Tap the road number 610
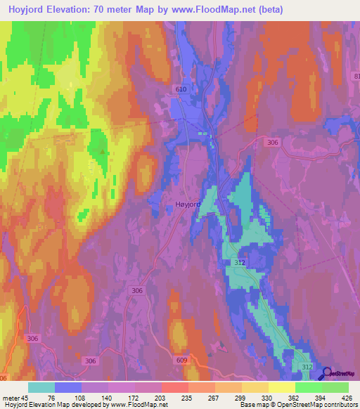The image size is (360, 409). pyautogui.click(x=181, y=89)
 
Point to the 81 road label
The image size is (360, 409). pyautogui.click(x=356, y=76)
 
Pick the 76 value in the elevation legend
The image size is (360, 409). pyautogui.click(x=51, y=398)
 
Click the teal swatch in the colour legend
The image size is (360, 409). pyautogui.click(x=41, y=387)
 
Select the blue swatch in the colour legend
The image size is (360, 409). pyautogui.click(x=68, y=387)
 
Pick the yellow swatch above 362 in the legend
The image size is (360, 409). pyautogui.click(x=282, y=387)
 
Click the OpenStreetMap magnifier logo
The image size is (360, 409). pyautogui.click(x=327, y=375)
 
